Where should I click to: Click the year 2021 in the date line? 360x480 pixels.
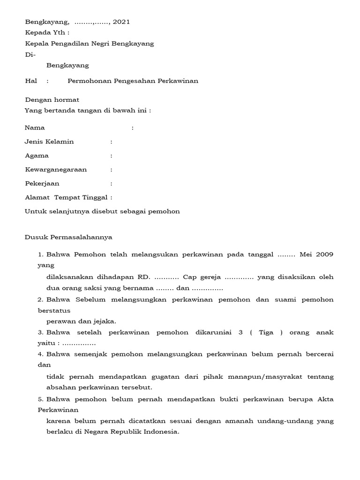(121, 22)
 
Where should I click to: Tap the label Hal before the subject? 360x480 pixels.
(30, 81)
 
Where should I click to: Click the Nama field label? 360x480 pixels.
(35, 127)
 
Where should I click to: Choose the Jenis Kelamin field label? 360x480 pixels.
(49, 142)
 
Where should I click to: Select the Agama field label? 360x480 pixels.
(37, 156)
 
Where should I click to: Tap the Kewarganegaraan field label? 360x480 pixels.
(56, 170)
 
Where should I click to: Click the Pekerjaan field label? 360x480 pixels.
(42, 184)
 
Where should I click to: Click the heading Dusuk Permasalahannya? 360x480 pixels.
(68, 237)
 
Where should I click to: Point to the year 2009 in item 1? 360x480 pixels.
(324, 255)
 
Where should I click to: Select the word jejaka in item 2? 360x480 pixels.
(105, 321)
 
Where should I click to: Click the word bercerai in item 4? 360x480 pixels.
(319, 354)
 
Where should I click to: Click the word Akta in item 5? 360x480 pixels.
(326, 399)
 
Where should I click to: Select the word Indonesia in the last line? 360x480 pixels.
(162, 432)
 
